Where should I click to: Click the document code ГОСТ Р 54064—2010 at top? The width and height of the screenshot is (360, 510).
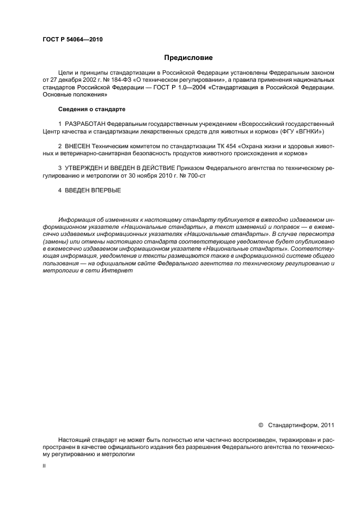click(72, 39)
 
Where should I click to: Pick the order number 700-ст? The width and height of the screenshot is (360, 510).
click(194, 176)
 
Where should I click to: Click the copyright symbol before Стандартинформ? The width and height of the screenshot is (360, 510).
click(260, 424)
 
